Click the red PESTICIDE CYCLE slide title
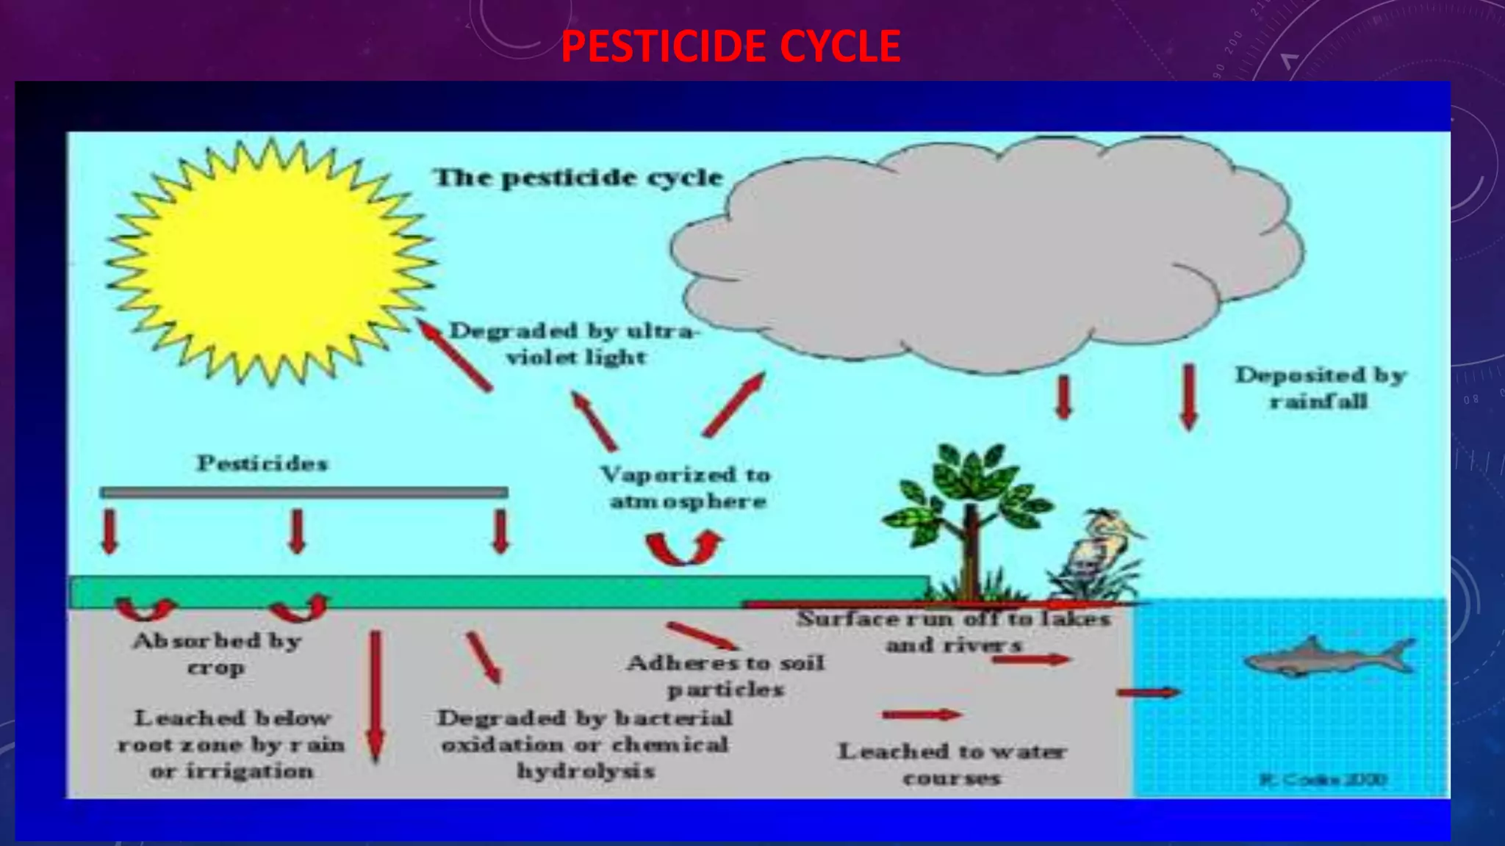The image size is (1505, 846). pyautogui.click(x=730, y=46)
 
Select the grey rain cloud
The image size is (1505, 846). pyautogui.click(x=985, y=250)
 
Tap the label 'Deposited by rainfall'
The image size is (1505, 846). pyautogui.click(x=1320, y=388)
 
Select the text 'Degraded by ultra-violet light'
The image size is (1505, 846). pyautogui.click(x=574, y=344)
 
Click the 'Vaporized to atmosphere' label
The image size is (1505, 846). pyautogui.click(x=686, y=488)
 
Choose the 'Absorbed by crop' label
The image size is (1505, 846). pyautogui.click(x=217, y=654)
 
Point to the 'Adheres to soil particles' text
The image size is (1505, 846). pyautogui.click(x=725, y=676)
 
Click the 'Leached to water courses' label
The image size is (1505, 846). pyautogui.click(x=952, y=764)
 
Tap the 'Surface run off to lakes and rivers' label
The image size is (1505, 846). pyautogui.click(x=953, y=632)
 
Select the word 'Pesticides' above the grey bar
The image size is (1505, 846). pyautogui.click(x=262, y=463)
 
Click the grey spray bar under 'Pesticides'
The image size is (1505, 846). pyautogui.click(x=303, y=492)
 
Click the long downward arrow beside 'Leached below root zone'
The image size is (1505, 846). pyautogui.click(x=376, y=694)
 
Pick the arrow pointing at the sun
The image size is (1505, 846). pyautogui.click(x=456, y=356)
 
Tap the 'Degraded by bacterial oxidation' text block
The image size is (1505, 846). pyautogui.click(x=585, y=744)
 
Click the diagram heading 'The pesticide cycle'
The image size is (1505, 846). pyautogui.click(x=578, y=178)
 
